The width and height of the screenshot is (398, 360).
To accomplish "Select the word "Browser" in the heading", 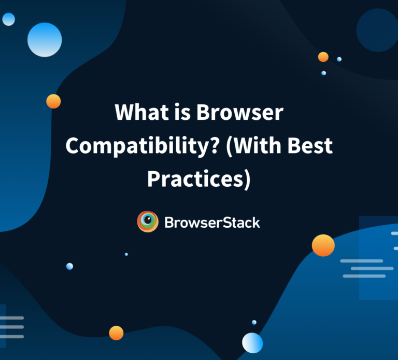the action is pos(240,112).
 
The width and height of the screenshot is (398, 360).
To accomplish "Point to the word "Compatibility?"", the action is pos(143,146).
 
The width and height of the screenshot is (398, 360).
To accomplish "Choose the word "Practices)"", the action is pos(199,179).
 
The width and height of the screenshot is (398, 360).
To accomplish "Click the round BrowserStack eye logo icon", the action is pos(148,221).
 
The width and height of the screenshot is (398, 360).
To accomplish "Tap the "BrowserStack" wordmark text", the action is pos(212,223).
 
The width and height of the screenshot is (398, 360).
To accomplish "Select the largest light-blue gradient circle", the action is pos(45,39).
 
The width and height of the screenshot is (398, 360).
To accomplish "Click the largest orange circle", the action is pos(323,245).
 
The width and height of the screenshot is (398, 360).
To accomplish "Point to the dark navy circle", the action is pos(377,30).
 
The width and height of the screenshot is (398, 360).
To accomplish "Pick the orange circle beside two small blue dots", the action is pos(323,57).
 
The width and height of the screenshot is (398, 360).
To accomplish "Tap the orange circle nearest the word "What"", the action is pos(53,101).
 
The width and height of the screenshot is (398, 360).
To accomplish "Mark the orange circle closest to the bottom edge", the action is pos(116,333).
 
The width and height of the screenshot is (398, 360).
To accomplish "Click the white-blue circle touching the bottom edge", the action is pos(252,343).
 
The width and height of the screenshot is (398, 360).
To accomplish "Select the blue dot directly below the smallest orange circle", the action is pos(323,73).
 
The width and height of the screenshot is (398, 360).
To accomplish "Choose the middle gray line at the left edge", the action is pos(12,327).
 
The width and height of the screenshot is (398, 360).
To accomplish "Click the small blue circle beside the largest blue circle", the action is pos(9,19).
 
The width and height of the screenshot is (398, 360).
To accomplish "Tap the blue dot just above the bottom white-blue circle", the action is pos(254,323).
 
